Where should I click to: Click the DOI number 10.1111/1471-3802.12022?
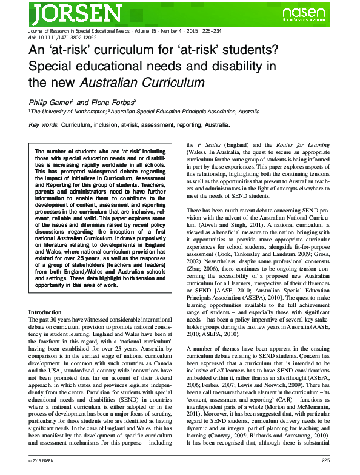(x=63, y=37)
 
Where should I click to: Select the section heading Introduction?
(x=45, y=312)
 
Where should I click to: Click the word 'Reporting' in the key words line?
(x=175, y=125)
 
